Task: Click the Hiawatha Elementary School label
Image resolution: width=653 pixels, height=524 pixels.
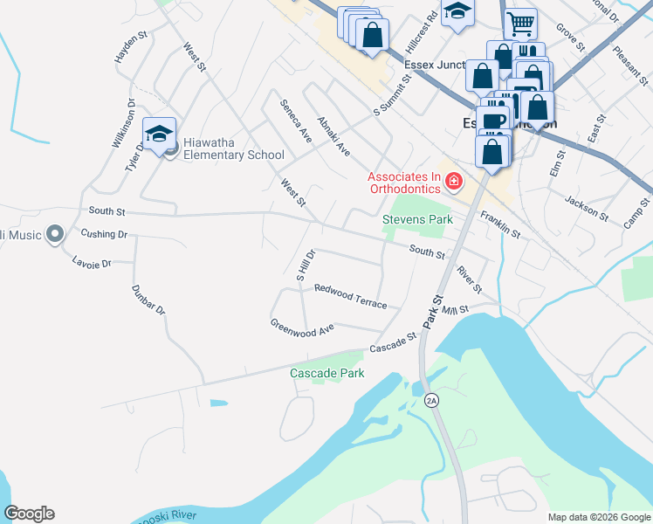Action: click(x=233, y=155)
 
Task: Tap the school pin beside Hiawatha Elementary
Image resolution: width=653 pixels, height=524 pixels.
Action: click(x=160, y=134)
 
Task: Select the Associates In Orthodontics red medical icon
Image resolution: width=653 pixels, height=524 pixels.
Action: click(x=453, y=182)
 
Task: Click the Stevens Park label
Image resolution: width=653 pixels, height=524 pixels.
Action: click(x=418, y=219)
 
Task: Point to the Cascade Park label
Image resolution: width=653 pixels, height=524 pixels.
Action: click(x=326, y=373)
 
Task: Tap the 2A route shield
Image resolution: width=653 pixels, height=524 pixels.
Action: click(x=431, y=400)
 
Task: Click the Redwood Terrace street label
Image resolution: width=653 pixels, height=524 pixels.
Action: click(x=350, y=295)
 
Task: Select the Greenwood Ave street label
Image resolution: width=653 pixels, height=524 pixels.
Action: click(x=302, y=327)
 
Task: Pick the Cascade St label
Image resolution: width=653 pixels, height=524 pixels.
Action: click(x=394, y=343)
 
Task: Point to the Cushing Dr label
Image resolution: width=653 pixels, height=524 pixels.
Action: click(x=104, y=233)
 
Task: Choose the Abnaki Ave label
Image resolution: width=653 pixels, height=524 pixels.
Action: click(x=333, y=137)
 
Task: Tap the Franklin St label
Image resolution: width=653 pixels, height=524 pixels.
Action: click(x=499, y=227)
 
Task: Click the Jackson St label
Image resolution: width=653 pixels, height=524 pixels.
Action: click(x=587, y=207)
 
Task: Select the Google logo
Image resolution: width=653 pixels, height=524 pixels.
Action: click(x=29, y=514)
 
